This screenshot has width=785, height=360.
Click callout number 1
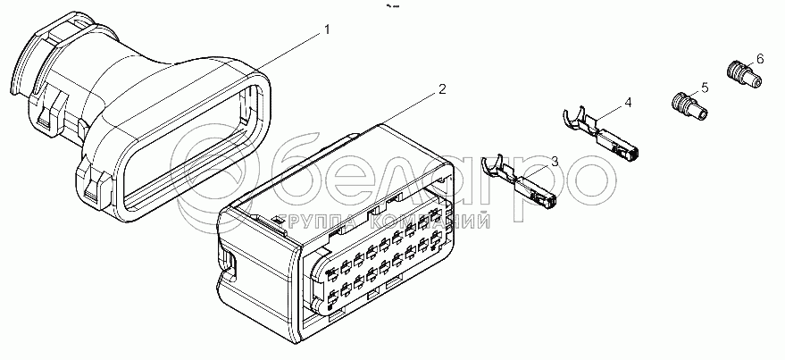pos(327,29)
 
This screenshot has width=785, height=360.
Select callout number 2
pos(441,89)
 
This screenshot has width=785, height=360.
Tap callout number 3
pos(555,161)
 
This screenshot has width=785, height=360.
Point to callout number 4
pos(628,103)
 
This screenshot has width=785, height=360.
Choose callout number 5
pos(705,88)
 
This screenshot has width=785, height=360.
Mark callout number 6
pos(760,59)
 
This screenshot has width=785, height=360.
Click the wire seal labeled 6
pos(743,74)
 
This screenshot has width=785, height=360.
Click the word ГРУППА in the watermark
pos(321,221)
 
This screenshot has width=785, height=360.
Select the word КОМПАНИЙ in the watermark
pos(430,221)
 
